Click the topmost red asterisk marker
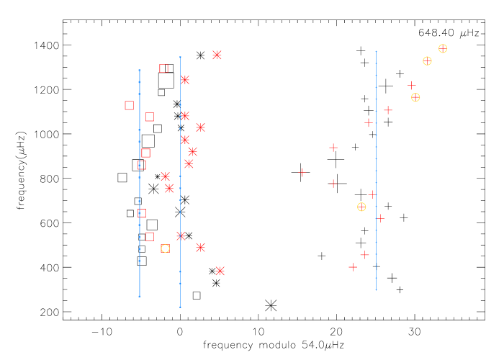(217, 55)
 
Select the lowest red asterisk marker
(220, 271)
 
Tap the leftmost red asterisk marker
(166, 176)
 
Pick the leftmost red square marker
(130, 105)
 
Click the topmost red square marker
(163, 68)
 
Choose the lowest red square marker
(150, 237)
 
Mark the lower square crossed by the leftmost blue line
(142, 213)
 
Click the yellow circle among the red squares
(166, 248)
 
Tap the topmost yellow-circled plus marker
(443, 48)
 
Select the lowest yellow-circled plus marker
(361, 207)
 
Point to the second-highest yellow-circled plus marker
(427, 61)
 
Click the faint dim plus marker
(302, 172)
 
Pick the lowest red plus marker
(353, 267)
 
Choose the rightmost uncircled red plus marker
(411, 85)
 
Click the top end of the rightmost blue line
(376, 51)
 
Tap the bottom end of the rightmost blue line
(376, 290)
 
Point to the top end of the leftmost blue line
(139, 70)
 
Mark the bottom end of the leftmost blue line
(139, 297)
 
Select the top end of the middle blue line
(180, 57)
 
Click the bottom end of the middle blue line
(180, 307)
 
